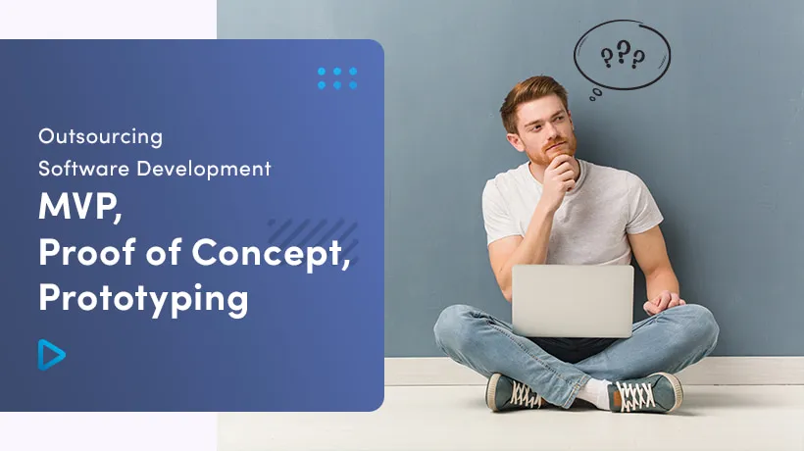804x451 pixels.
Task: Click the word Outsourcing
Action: click(100, 136)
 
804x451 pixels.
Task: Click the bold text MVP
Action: click(78, 210)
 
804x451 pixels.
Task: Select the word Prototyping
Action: click(143, 296)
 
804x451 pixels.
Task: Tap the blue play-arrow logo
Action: click(51, 354)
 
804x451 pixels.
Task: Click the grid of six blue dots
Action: click(337, 78)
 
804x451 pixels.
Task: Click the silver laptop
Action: click(573, 301)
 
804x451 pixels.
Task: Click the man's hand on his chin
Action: click(562, 173)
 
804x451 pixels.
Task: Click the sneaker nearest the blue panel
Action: click(513, 391)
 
